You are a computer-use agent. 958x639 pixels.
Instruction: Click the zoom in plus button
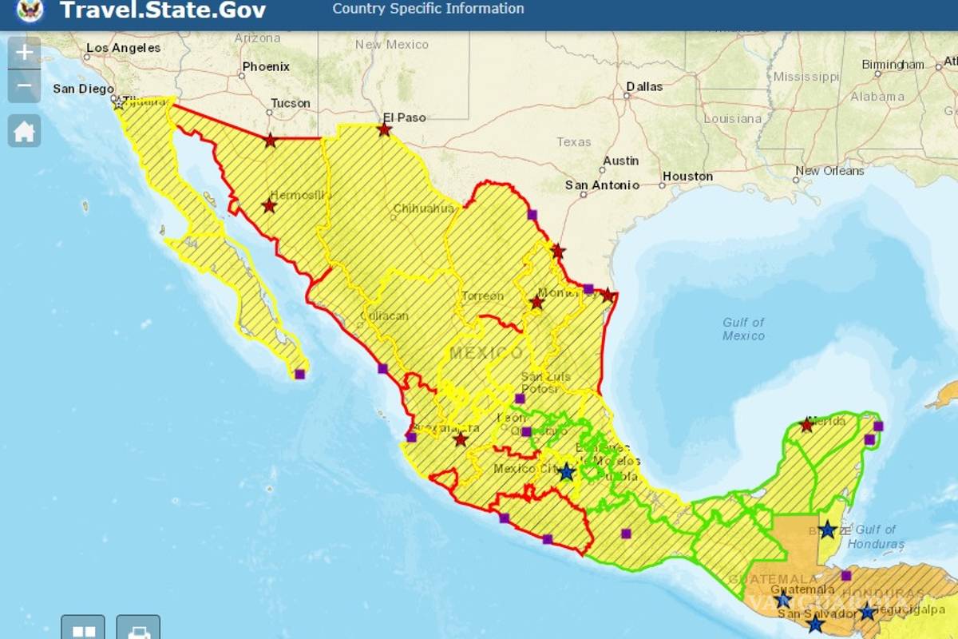[25, 53]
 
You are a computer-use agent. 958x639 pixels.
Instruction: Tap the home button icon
[25, 131]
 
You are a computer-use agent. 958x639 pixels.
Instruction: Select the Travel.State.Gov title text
[163, 11]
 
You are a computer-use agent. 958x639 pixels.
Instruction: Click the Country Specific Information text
[428, 10]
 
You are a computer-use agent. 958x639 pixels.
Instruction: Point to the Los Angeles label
[123, 48]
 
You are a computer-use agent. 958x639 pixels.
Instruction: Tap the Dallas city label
[644, 86]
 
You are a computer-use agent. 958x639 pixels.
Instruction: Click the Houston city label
[687, 177]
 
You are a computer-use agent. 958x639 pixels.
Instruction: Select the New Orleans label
[829, 171]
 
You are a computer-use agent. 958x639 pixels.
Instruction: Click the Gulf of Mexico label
[743, 329]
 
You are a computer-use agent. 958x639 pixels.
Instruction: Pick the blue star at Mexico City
[567, 472]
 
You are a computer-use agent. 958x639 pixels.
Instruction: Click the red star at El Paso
[385, 129]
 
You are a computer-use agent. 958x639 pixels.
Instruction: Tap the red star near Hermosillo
[269, 206]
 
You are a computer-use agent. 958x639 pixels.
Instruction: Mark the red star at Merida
[806, 425]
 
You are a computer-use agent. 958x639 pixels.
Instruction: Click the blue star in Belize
[828, 530]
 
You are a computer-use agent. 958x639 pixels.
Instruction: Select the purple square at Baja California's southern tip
[299, 374]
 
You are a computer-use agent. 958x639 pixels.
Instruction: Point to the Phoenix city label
[266, 67]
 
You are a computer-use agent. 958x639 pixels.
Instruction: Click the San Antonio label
[602, 185]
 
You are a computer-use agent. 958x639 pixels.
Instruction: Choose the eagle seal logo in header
[30, 10]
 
